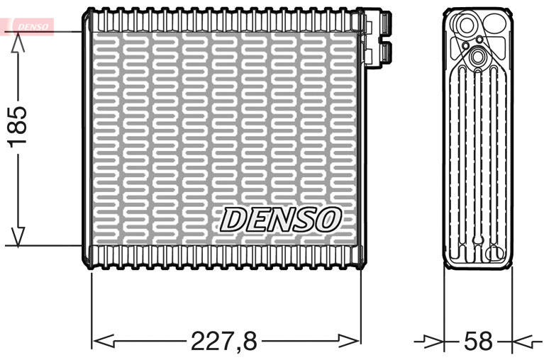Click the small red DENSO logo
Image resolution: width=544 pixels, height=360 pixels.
click(x=29, y=26)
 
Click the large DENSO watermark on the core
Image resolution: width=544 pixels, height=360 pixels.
click(x=280, y=220)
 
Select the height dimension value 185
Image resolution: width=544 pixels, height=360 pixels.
click(x=17, y=126)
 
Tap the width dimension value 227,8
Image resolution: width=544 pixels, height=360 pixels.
click(x=223, y=342)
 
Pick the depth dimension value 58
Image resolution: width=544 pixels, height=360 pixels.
click(x=477, y=342)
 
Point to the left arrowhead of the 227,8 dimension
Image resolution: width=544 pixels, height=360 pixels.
click(x=104, y=342)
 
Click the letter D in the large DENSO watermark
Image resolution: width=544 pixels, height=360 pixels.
click(x=234, y=220)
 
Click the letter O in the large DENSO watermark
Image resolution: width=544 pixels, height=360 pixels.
click(x=327, y=220)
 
